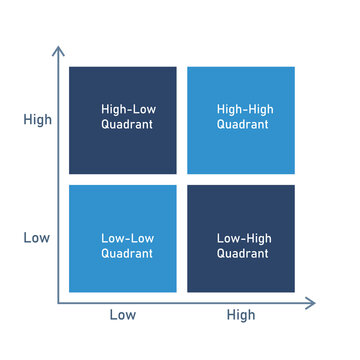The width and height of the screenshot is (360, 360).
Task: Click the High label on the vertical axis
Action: point(37,120)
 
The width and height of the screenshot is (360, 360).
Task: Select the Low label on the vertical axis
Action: point(37,238)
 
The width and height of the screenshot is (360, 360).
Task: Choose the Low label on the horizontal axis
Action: point(122,315)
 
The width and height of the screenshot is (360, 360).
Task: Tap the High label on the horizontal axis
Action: point(241,315)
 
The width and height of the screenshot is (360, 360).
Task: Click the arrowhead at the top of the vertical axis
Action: point(58,50)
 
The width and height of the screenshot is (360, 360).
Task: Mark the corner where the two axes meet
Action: point(58,300)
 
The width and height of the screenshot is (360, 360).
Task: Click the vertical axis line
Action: point(58,180)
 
